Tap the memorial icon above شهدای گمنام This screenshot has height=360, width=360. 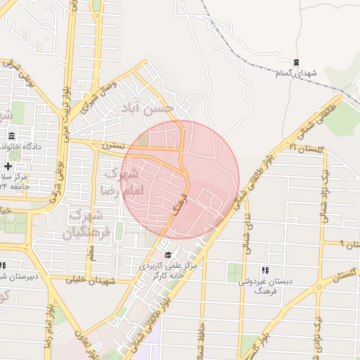296,63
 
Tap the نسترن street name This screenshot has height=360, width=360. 113,146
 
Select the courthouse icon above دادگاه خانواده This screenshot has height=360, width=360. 11,136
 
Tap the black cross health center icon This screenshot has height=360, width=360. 8,167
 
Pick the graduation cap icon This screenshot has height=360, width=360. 167,255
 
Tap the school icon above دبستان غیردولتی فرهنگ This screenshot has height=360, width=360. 265,270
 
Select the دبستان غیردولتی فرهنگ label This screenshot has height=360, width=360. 265,285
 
